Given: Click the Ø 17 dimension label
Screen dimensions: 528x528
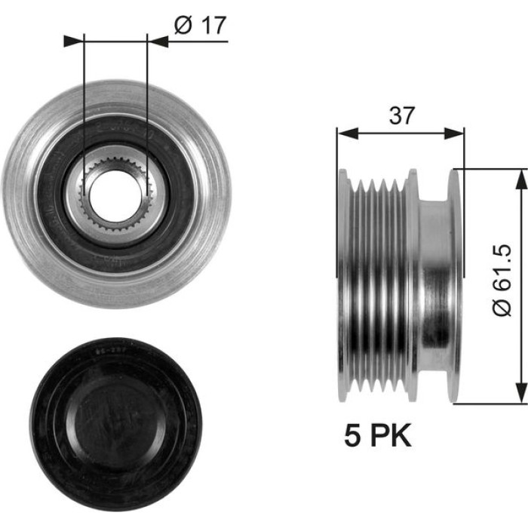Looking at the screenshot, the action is pyautogui.click(x=200, y=25).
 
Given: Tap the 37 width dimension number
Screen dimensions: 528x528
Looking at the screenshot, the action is pyautogui.click(x=401, y=115).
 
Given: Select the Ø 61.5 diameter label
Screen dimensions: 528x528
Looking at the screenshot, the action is pyautogui.click(x=502, y=281).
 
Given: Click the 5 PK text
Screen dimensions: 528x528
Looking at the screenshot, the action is pyautogui.click(x=378, y=435).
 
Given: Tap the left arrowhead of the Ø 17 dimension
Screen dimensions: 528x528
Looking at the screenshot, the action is pyautogui.click(x=73, y=41).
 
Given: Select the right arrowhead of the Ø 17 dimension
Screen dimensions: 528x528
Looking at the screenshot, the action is pyautogui.click(x=158, y=41).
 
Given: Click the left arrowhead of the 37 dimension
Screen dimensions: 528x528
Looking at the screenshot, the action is pyautogui.click(x=347, y=134).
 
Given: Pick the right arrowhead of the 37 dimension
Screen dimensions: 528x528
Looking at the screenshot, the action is pyautogui.click(x=454, y=134).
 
